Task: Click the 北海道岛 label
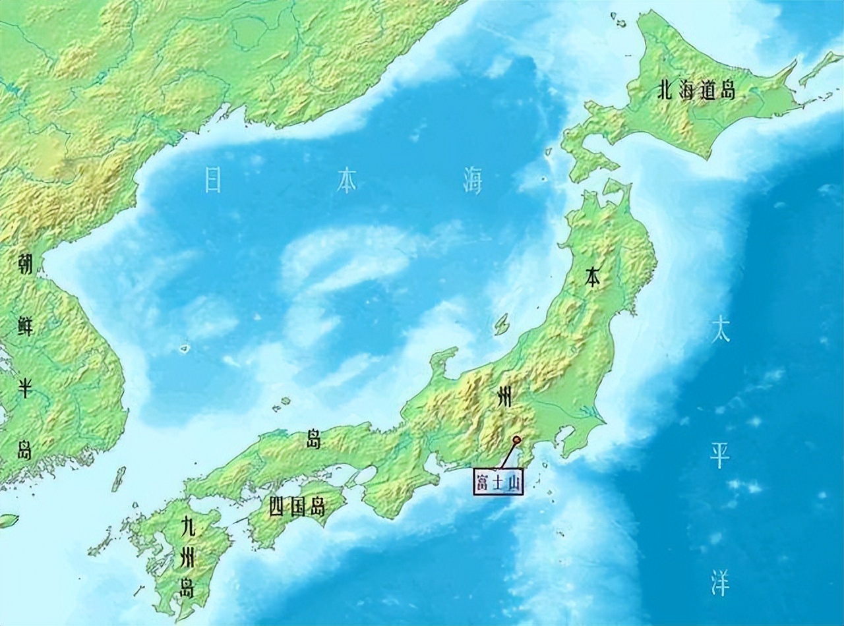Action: click(x=696, y=91)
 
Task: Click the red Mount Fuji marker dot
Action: click(x=516, y=440)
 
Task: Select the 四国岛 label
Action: click(x=297, y=507)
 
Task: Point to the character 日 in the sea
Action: click(x=212, y=180)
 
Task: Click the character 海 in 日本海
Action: click(x=472, y=181)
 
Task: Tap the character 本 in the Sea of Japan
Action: click(x=346, y=180)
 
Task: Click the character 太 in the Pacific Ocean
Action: click(x=719, y=331)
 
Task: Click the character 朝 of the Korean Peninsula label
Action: click(x=26, y=265)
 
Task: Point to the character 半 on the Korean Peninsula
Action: click(x=26, y=389)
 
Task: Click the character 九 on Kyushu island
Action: click(x=188, y=527)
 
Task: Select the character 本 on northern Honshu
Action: click(x=593, y=279)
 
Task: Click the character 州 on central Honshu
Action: click(x=504, y=397)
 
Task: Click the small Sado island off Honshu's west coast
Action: click(x=502, y=323)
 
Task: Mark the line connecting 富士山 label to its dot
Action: click(x=508, y=455)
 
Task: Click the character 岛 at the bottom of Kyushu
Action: click(x=188, y=588)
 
